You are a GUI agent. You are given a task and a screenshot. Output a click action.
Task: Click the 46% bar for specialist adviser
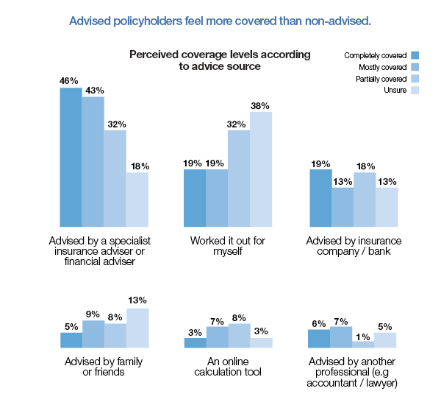71,157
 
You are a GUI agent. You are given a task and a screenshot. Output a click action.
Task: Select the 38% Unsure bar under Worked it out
261,169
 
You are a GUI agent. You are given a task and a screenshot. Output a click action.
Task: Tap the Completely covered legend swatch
415,55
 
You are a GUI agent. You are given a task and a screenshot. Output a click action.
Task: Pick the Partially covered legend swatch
415,78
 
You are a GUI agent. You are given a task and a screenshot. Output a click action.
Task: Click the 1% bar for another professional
363,344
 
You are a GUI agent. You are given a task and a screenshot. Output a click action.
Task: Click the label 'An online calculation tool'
227,367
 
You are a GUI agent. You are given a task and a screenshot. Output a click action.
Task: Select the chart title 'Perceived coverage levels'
220,60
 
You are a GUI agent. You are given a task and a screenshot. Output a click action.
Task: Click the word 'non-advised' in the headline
342,20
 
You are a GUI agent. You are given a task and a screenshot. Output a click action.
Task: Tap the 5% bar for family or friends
71,339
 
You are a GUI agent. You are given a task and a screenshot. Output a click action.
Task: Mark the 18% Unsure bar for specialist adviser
137,200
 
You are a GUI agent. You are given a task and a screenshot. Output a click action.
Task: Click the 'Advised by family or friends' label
94,367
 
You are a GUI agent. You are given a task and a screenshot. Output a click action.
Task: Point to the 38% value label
261,105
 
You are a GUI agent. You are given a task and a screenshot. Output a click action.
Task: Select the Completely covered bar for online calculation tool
195,342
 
